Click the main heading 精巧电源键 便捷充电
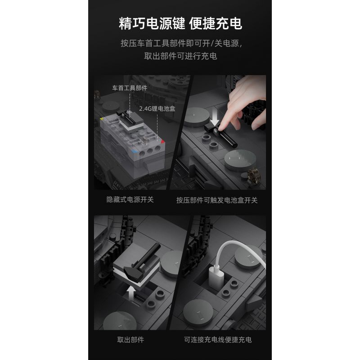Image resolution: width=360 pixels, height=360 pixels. click(x=180, y=23)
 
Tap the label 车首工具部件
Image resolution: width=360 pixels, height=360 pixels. click(x=130, y=88)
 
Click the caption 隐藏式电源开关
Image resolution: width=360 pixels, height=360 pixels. click(x=130, y=199)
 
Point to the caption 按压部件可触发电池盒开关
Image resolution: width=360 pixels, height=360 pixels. click(x=217, y=200)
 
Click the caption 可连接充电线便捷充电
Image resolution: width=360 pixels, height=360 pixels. click(x=217, y=340)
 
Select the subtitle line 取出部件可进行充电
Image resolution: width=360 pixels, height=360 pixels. click(x=180, y=56)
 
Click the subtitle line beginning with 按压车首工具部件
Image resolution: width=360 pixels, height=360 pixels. click(x=180, y=44)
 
